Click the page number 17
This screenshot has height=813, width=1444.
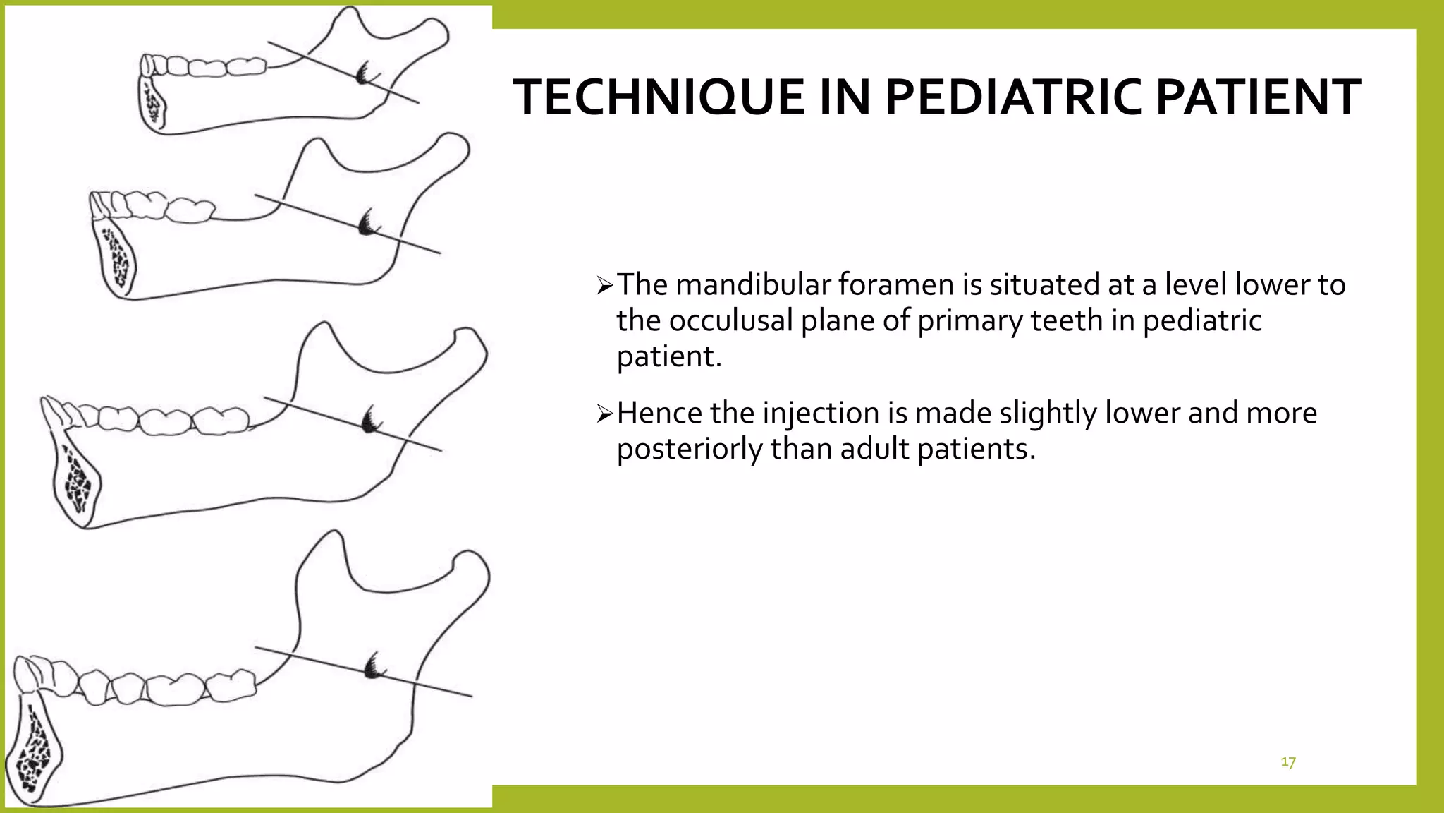1287,762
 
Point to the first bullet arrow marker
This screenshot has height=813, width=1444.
605,286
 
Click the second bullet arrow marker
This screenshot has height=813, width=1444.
605,414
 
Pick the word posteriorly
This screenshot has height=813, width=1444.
689,449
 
